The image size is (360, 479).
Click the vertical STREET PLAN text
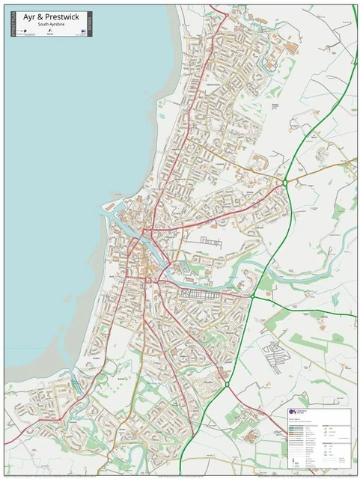(13, 23)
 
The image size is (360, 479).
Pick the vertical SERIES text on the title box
(90, 23)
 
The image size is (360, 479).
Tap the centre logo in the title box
(51, 31)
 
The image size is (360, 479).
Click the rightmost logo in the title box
(80, 31)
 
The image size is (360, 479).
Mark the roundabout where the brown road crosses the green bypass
(285, 182)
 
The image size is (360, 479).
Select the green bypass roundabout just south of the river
(252, 296)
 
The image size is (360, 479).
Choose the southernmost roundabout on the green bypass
(226, 385)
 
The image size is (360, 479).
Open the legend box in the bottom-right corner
(319, 435)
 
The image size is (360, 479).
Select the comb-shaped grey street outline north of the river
(212, 242)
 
